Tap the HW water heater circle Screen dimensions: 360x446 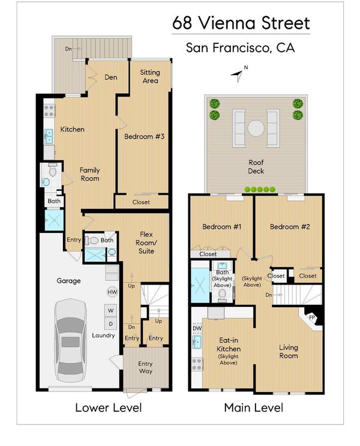(x=112, y=292)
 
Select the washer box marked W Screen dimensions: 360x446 (x=111, y=310)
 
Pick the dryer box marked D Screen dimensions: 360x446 (x=111, y=324)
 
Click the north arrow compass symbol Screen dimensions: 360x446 (x=238, y=74)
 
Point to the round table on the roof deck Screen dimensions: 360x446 (x=256, y=128)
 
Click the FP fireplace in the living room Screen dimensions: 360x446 (x=312, y=318)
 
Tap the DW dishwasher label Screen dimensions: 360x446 (x=197, y=328)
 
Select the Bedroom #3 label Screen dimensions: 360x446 (x=145, y=136)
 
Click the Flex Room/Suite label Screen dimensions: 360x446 (x=146, y=243)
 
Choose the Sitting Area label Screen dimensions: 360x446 (x=150, y=76)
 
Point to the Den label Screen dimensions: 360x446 (x=111, y=77)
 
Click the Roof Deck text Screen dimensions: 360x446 (x=256, y=167)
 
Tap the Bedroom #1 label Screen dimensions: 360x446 (x=222, y=227)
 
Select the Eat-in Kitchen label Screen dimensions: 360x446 (x=229, y=345)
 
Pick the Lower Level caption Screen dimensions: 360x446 (x=109, y=408)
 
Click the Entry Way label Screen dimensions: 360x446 (x=145, y=367)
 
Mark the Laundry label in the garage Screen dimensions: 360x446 (x=103, y=336)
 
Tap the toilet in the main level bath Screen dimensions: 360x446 (x=222, y=295)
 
